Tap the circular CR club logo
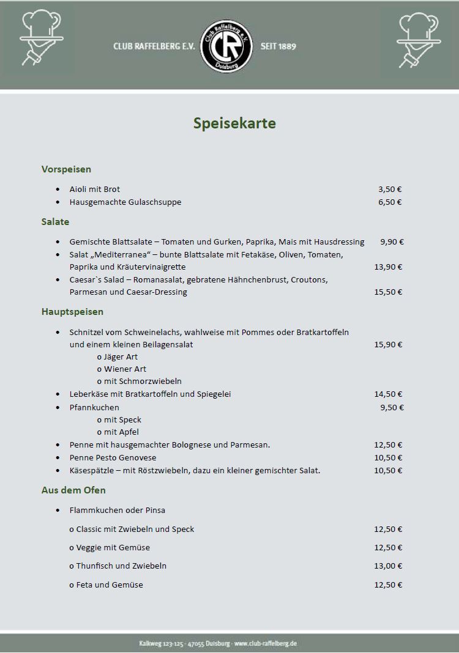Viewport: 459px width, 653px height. click(227, 45)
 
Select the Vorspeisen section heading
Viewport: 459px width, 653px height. click(66, 169)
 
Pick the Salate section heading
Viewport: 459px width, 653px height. click(55, 222)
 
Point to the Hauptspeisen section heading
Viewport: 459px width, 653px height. click(72, 312)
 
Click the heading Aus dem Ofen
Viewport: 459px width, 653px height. click(73, 490)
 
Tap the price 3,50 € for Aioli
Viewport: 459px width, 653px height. click(390, 190)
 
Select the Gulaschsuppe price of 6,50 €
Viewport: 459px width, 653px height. click(390, 202)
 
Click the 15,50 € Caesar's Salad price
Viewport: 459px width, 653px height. click(388, 292)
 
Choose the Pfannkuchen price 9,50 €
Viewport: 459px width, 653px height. click(392, 407)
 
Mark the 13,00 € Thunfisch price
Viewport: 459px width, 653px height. click(388, 566)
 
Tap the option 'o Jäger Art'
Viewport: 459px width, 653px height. click(117, 357)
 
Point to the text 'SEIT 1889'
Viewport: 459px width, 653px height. click(278, 46)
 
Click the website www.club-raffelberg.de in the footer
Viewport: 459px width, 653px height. click(266, 644)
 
